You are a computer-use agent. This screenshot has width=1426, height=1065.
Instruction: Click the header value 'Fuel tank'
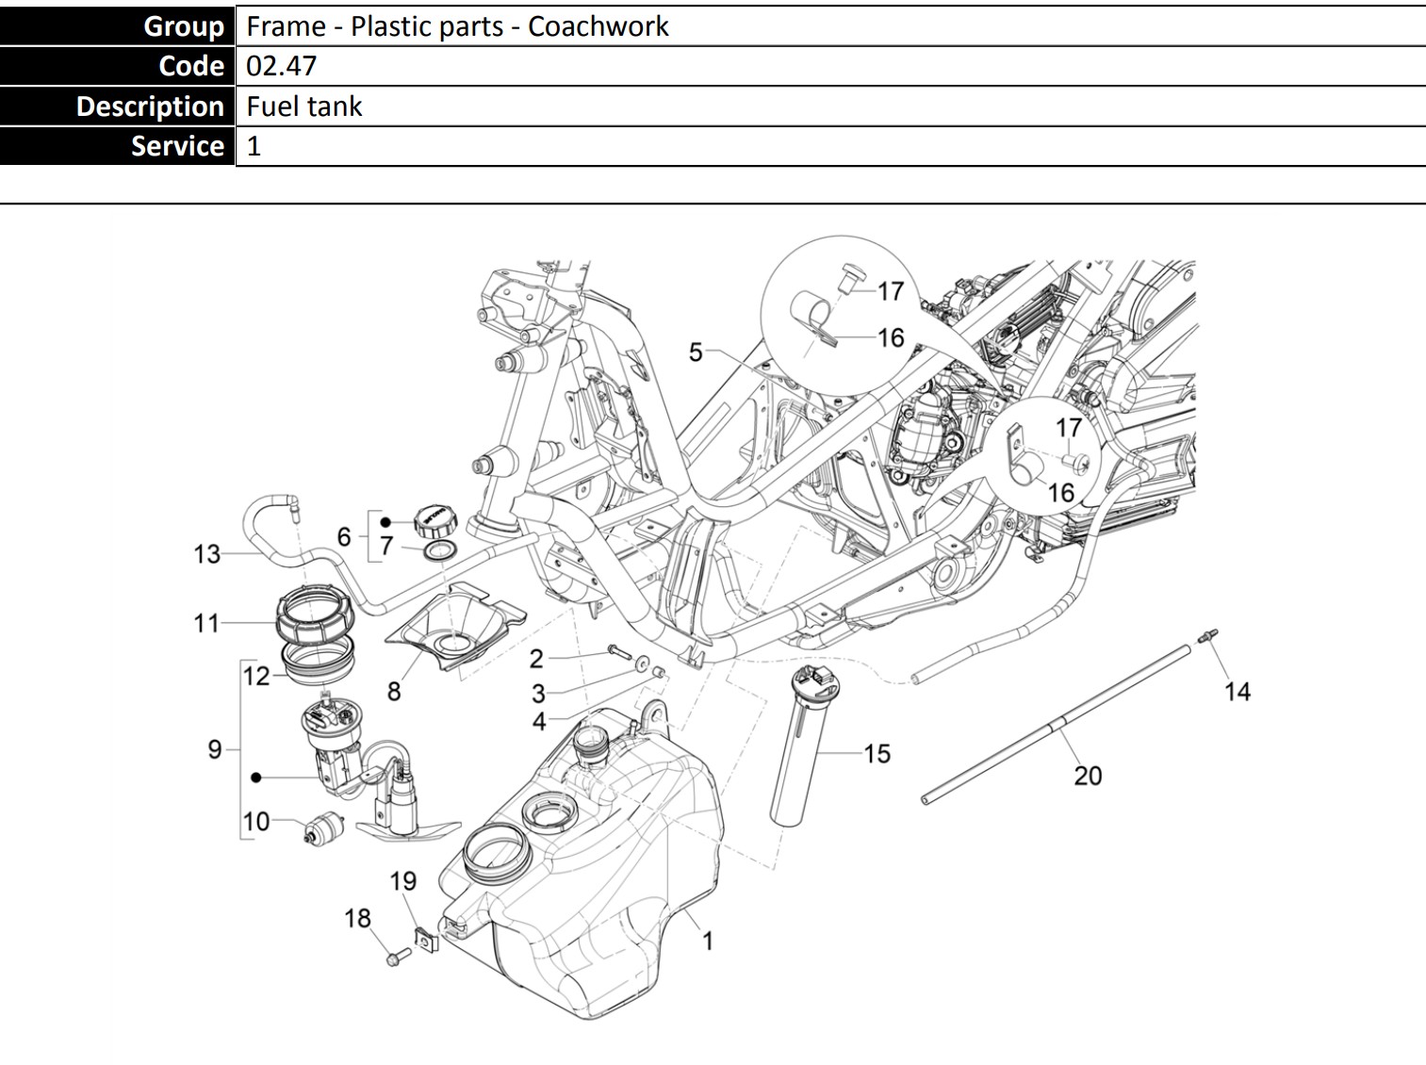pos(303,106)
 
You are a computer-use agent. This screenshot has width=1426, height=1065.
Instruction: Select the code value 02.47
pos(281,66)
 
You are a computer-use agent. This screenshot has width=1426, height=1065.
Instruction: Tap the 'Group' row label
pos(184,25)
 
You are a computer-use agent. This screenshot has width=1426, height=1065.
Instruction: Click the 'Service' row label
pos(177,146)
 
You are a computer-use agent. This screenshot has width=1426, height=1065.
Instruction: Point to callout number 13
pos(207,554)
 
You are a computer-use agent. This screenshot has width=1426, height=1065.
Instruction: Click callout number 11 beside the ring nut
pos(206,623)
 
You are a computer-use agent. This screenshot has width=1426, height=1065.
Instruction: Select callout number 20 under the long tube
pos(1088,776)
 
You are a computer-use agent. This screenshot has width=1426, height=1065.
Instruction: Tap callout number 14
pos(1237,692)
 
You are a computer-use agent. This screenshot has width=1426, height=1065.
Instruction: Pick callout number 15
pos(877,754)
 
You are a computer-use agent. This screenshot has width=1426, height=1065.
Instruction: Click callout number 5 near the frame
pos(696,352)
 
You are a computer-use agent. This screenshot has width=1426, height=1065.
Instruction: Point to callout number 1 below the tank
pos(707,941)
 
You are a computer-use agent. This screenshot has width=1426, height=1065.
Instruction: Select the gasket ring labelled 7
pos(440,550)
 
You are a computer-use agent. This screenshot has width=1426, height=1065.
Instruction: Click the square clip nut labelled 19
pos(427,941)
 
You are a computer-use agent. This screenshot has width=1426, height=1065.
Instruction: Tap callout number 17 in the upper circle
pos(891,291)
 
